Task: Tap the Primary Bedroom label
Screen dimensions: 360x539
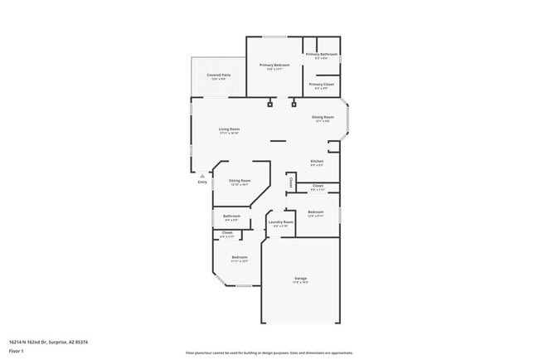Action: [x=274, y=65]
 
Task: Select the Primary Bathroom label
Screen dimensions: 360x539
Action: [x=322, y=54]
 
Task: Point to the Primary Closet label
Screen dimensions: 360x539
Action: [x=322, y=84]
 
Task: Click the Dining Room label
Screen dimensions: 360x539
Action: [x=323, y=117]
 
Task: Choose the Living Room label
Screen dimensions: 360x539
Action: [x=229, y=129]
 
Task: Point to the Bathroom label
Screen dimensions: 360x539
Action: [x=231, y=216]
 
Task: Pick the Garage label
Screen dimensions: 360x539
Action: [x=300, y=278]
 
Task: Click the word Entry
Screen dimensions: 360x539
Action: [x=202, y=182]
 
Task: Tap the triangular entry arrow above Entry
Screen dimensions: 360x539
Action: [x=202, y=175]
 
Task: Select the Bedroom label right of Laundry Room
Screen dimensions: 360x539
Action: [x=315, y=212]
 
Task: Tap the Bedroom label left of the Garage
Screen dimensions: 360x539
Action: [x=240, y=257]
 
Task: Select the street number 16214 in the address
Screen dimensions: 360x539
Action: [x=16, y=340]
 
